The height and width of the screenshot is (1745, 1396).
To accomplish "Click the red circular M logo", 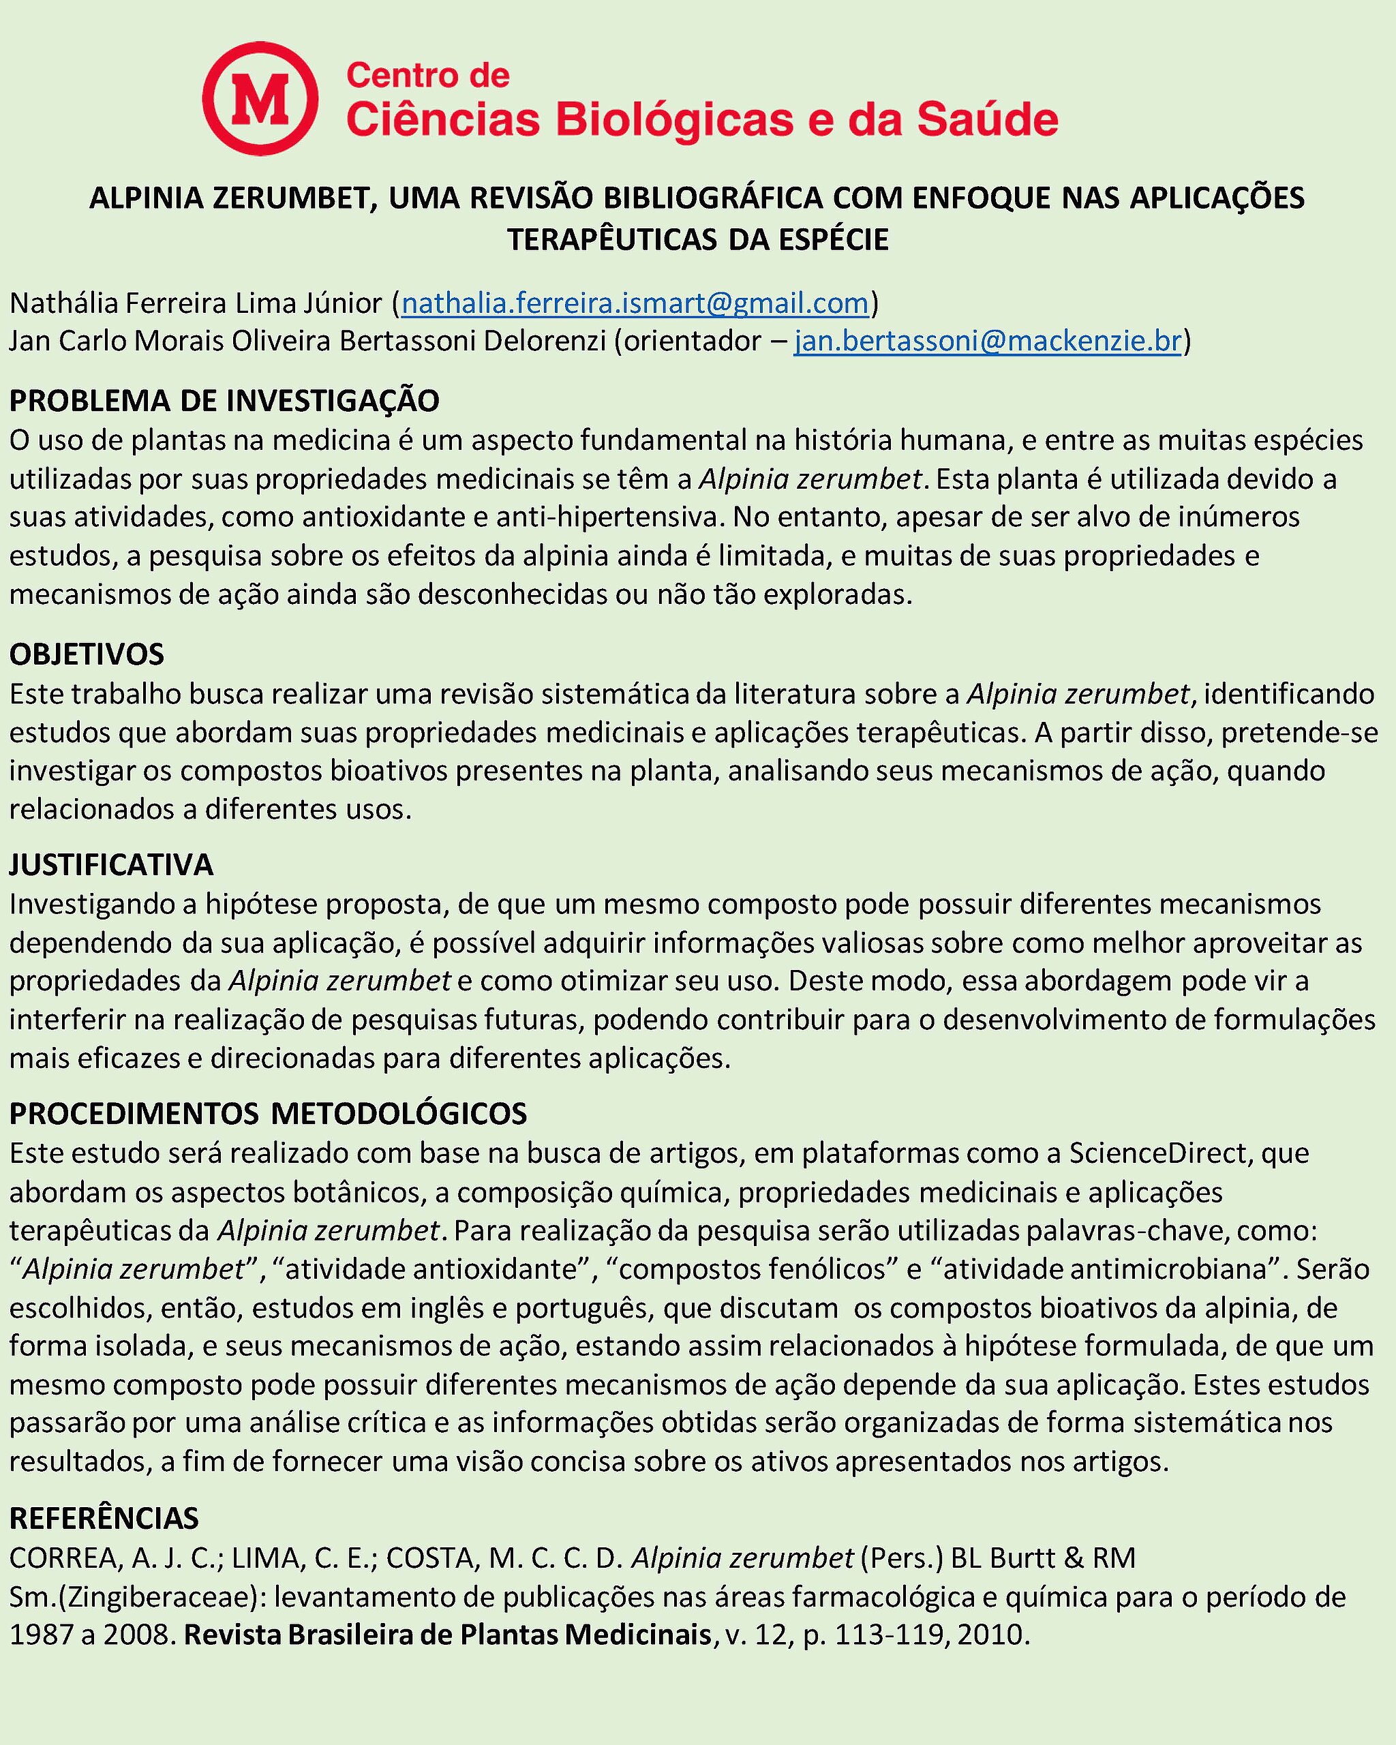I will (x=260, y=98).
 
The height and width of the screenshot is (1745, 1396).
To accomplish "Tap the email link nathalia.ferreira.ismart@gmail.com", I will (x=635, y=303).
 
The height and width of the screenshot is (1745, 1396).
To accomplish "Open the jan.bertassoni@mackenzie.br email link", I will (x=987, y=341).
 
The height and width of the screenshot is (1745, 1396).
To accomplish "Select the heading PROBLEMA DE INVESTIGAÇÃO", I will (x=224, y=401).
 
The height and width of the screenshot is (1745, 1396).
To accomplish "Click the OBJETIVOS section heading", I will (x=87, y=654).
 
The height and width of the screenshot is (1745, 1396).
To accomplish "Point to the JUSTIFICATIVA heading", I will (x=111, y=864).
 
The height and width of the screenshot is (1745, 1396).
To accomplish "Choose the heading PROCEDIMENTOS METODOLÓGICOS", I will (x=268, y=1114).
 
